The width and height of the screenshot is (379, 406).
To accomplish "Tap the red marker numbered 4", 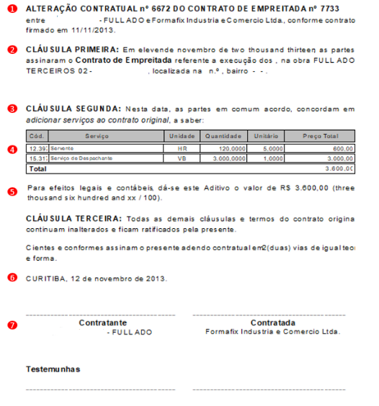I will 12,150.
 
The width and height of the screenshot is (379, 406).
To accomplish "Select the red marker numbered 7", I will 12,325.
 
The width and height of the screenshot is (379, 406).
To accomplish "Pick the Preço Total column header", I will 321,135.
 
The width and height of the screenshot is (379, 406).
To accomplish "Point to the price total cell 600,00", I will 343,148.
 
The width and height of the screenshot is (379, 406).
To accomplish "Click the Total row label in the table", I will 37,168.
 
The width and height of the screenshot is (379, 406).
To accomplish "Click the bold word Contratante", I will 102,323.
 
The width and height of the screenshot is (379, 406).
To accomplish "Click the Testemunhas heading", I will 53,369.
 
